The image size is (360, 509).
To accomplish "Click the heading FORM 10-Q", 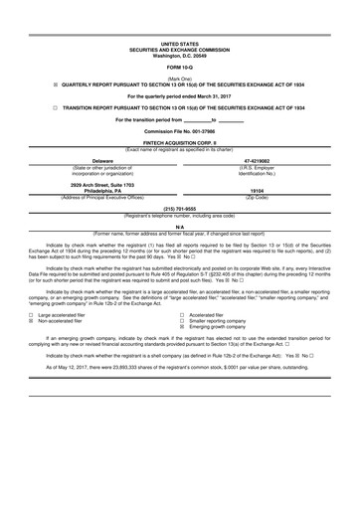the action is pos(180,67).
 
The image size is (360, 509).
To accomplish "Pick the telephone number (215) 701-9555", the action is pos(180,209).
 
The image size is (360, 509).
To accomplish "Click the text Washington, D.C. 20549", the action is pos(180,55).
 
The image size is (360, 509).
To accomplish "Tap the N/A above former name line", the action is pos(180,226).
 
